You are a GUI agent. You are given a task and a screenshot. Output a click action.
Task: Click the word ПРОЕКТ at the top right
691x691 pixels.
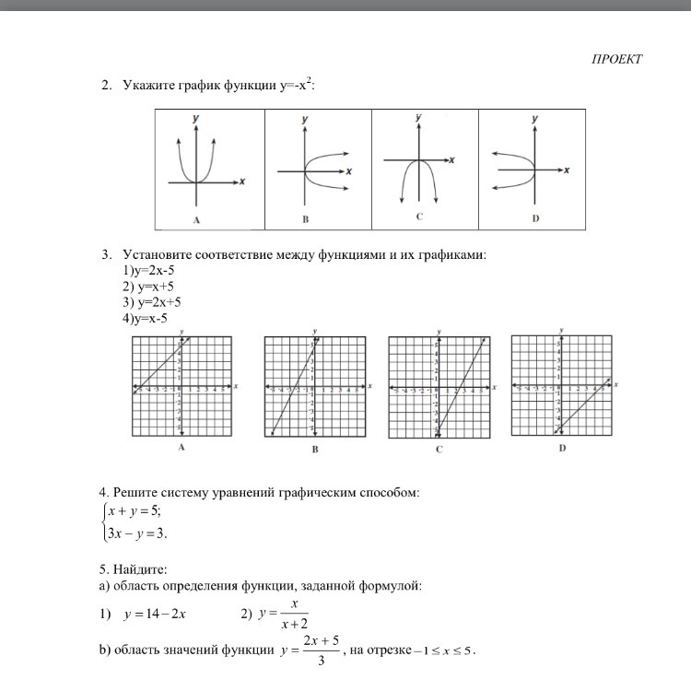pos(616,60)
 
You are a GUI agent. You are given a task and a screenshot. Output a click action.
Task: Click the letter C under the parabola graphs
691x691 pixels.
pos(419,217)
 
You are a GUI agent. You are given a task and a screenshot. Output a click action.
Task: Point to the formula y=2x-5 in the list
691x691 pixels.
pos(152,271)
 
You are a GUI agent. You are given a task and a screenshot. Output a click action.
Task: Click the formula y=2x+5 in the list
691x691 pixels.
pos(152,302)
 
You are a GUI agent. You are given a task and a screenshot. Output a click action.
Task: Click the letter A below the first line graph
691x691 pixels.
pos(182,448)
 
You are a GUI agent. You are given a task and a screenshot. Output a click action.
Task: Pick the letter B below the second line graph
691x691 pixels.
pos(315,450)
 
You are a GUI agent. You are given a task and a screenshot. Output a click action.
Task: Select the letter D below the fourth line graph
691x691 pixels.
pos(561,449)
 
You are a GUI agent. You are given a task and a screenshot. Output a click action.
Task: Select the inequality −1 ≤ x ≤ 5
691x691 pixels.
pos(441,650)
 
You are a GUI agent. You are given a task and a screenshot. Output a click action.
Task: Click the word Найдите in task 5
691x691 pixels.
pos(141,568)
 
